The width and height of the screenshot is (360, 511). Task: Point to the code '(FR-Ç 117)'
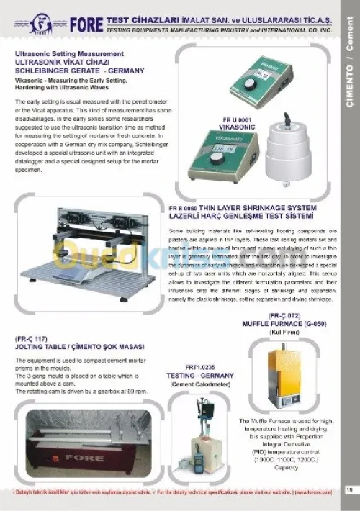tap(31, 338)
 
